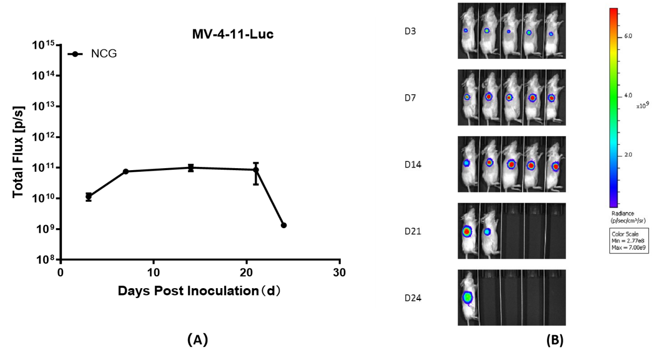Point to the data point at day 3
88,197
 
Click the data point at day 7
126,171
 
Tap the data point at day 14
191,168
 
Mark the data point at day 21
256,170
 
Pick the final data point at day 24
283,225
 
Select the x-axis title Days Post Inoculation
199,291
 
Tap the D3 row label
410,31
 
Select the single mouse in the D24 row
468,297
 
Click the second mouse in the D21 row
489,231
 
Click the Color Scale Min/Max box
630,241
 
